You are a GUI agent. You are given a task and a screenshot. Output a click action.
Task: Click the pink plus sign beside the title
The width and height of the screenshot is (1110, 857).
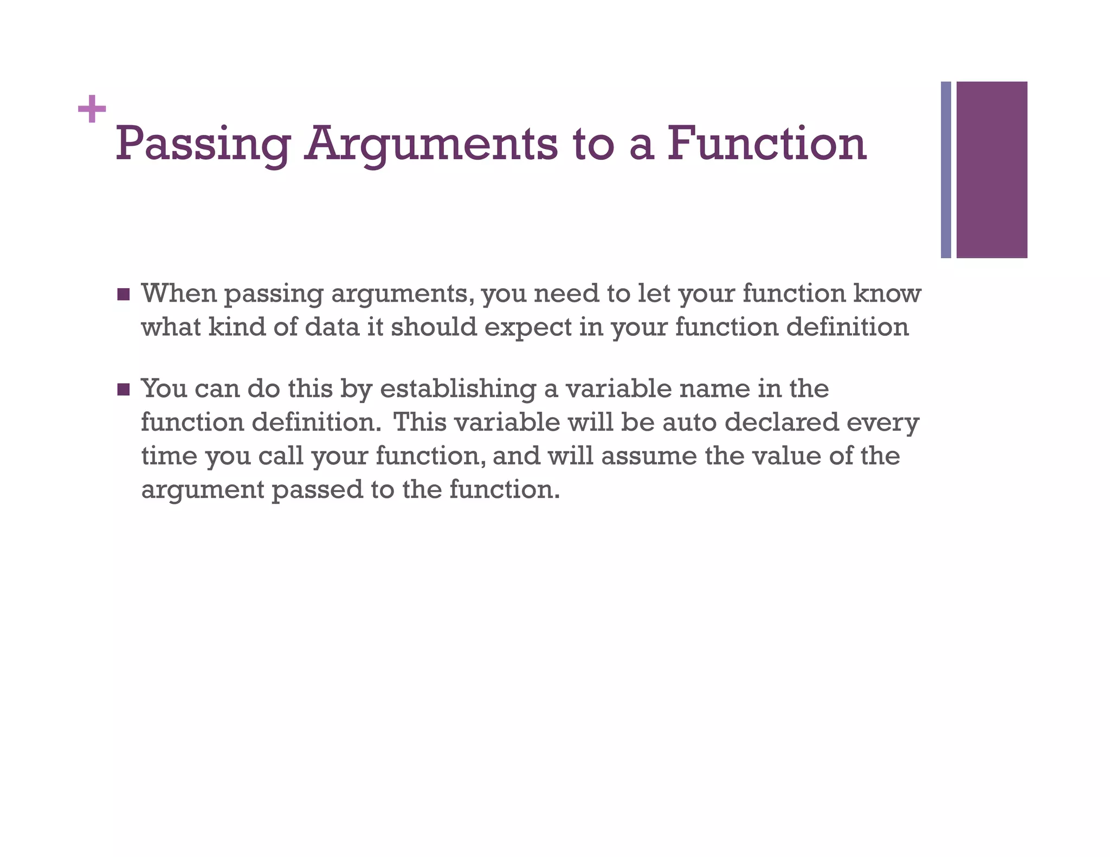click(92, 109)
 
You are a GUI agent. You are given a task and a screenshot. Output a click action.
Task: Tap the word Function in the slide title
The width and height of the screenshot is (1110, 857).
click(766, 144)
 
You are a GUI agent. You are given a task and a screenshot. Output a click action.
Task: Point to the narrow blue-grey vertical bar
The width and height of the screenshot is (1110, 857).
click(946, 170)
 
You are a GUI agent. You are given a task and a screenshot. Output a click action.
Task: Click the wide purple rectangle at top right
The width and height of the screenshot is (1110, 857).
click(991, 170)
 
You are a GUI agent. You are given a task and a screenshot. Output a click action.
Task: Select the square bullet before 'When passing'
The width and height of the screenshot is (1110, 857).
click(124, 295)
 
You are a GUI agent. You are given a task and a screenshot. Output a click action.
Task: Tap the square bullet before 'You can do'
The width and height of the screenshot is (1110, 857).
click(124, 389)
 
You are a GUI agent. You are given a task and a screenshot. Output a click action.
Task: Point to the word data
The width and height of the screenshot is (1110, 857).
click(333, 327)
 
